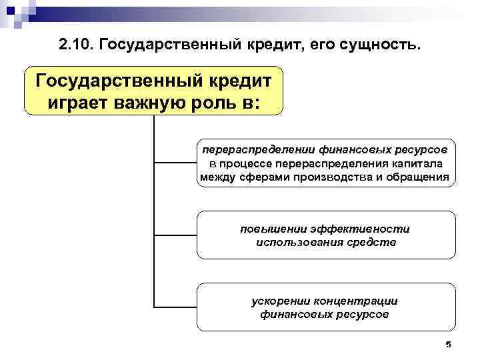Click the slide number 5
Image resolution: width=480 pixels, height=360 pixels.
[x=448, y=344]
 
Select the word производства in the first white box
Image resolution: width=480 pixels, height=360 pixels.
[x=332, y=178]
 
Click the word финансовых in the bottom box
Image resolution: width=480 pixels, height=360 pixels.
[x=291, y=314]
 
